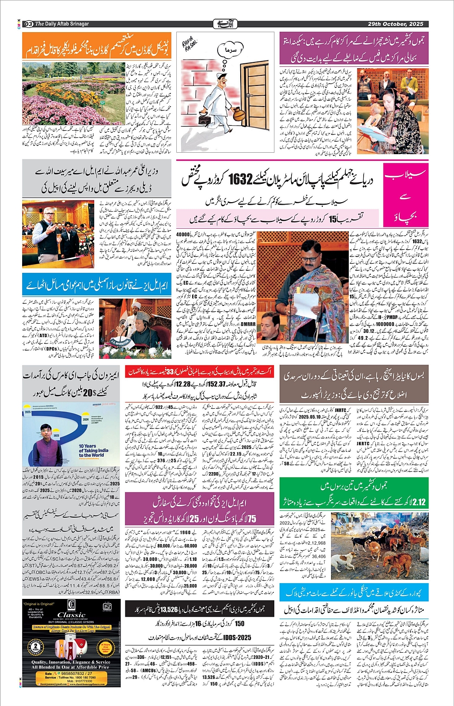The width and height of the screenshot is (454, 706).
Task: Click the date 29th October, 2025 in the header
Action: pyautogui.click(x=395, y=24)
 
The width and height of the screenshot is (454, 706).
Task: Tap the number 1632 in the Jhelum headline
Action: pyautogui.click(x=240, y=179)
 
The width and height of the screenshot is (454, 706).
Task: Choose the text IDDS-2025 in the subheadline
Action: pyautogui.click(x=237, y=637)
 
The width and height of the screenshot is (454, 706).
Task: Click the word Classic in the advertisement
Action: pyautogui.click(x=71, y=615)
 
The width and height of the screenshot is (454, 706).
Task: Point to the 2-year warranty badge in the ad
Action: pyautogui.click(x=35, y=646)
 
